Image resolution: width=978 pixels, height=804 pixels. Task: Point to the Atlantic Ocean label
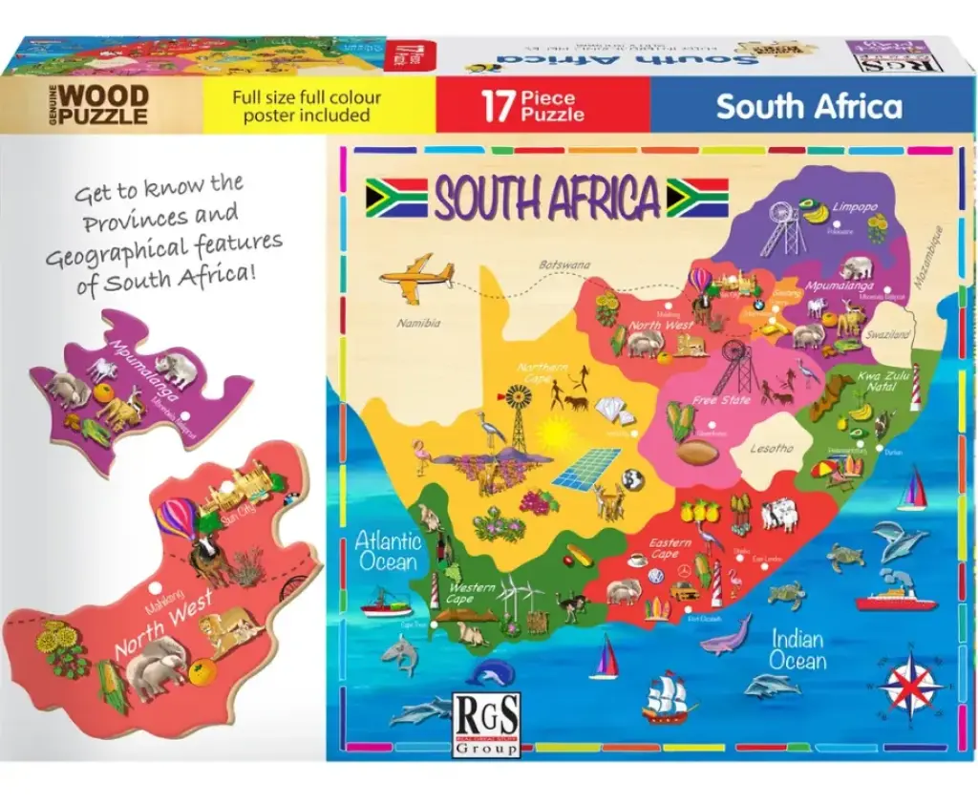tap(388, 551)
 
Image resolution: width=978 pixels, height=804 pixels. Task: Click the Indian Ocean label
tap(797, 648)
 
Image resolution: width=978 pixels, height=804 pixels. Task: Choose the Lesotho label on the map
tap(771, 448)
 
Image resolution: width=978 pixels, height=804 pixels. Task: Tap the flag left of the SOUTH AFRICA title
tap(396, 197)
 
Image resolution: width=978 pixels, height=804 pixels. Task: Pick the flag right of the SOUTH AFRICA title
tap(697, 197)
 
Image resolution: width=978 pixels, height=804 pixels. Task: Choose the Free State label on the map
tap(721, 400)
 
